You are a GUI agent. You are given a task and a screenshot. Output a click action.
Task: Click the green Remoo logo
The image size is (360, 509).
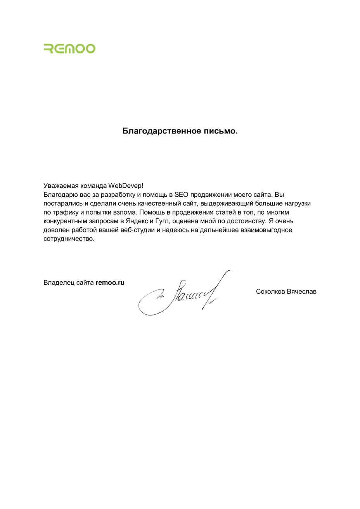69,48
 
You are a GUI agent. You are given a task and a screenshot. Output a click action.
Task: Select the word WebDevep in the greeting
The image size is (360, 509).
125,186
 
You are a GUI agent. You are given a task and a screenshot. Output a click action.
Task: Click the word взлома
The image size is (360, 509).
127,213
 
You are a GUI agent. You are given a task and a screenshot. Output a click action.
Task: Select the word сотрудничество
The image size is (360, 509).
69,239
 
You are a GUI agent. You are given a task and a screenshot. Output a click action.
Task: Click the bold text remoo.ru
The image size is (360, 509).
110,282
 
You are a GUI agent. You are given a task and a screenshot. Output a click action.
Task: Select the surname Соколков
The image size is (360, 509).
270,291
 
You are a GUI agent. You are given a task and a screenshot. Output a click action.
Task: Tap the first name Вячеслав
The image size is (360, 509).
302,291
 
